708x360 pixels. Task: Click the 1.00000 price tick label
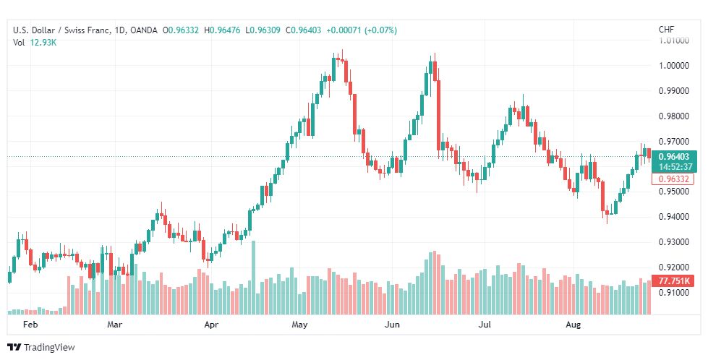point(674,65)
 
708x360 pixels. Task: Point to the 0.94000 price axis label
point(674,217)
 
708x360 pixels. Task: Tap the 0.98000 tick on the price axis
point(674,116)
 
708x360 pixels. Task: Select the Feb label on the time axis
point(30,325)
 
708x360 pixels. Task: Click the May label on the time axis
point(300,325)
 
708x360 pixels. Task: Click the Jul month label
point(485,325)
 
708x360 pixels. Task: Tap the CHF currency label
point(667,30)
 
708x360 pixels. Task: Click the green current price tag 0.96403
point(675,157)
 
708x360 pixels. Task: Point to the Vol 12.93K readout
point(35,43)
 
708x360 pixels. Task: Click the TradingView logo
point(41,347)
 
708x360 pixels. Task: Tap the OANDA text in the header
point(144,30)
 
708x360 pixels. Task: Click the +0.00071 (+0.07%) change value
point(361,30)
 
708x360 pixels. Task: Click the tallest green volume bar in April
point(253,278)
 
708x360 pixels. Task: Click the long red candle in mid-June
point(438,115)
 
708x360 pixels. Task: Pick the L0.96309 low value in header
point(263,30)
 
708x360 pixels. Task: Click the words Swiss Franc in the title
point(86,30)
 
